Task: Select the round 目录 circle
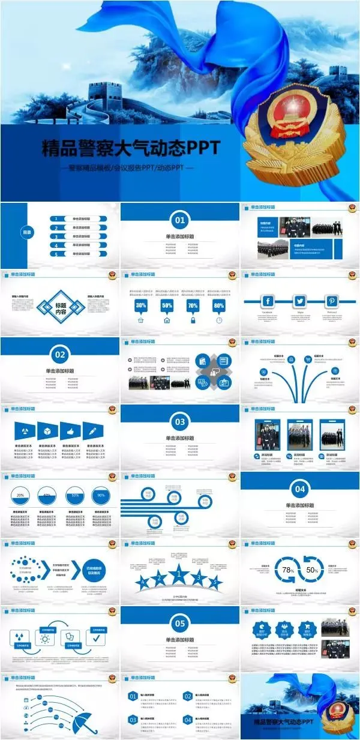click(x=27, y=232)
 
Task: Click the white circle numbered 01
click(x=180, y=220)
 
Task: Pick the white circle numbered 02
click(x=60, y=355)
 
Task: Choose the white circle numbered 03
click(x=180, y=421)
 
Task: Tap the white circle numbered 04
click(x=300, y=489)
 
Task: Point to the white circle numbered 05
click(x=180, y=623)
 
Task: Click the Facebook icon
click(x=267, y=301)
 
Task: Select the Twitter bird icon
click(x=300, y=301)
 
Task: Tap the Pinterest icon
click(x=332, y=301)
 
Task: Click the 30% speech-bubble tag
click(x=141, y=305)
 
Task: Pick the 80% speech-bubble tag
click(x=219, y=305)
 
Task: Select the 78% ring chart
click(x=287, y=569)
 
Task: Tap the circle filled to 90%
click(x=100, y=496)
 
